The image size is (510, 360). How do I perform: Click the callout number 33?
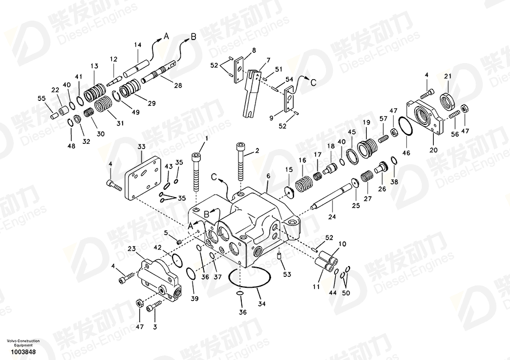(142, 147)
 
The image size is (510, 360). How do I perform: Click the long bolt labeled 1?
(197, 172)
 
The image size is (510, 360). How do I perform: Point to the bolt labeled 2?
(240, 161)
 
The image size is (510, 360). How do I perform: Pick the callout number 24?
(332, 217)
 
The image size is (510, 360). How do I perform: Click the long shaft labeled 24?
(331, 197)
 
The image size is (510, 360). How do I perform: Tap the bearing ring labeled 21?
(448, 99)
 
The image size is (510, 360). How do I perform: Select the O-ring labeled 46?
(406, 126)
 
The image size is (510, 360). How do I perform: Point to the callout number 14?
(138, 45)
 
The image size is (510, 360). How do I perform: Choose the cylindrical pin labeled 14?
(136, 69)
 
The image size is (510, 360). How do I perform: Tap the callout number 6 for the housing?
(268, 176)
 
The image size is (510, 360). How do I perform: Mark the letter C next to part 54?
(313, 83)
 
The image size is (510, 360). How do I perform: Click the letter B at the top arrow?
(193, 37)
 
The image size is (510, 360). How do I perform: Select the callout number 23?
(131, 249)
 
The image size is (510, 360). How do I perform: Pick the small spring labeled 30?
(88, 114)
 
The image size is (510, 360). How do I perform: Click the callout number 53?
(287, 275)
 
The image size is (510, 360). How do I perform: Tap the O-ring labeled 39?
(191, 273)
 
